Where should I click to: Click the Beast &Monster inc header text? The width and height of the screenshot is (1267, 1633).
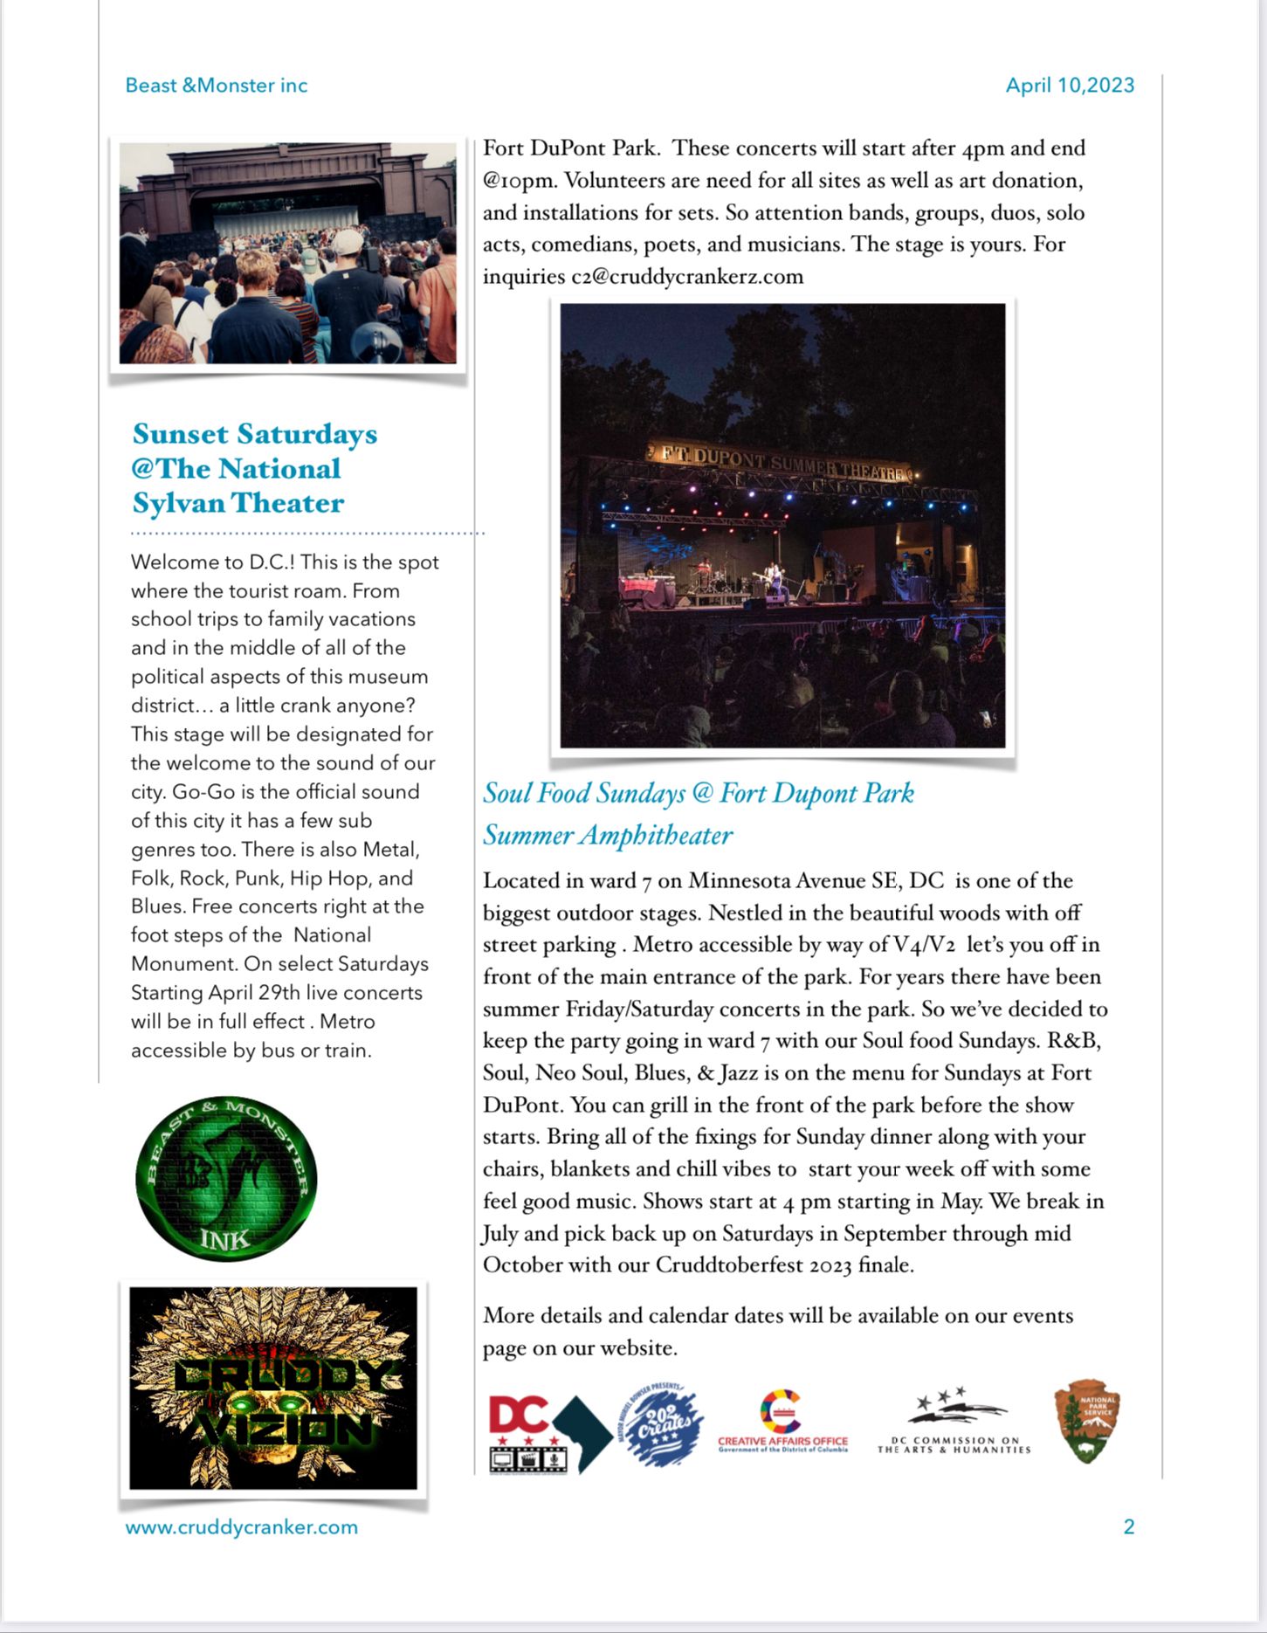click(217, 86)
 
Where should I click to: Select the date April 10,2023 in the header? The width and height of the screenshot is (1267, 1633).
click(1070, 86)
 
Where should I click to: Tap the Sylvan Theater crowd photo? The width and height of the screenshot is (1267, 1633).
click(287, 253)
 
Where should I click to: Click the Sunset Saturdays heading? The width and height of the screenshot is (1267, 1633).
click(254, 468)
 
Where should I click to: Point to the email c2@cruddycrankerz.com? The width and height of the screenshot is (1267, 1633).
click(687, 277)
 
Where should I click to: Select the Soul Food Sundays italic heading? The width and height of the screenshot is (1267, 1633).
click(698, 813)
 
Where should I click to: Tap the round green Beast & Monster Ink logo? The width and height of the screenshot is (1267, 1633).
click(226, 1179)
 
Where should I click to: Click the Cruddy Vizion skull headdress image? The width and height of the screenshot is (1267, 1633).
click(272, 1388)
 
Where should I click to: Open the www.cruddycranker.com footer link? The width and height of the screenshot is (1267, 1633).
click(242, 1527)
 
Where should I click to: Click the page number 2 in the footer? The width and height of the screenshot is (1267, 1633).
click(1128, 1527)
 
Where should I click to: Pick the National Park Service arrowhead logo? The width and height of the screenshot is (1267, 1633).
click(1085, 1421)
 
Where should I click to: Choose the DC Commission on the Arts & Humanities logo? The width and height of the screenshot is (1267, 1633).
click(954, 1422)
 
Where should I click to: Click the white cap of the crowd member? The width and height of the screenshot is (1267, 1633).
click(348, 240)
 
